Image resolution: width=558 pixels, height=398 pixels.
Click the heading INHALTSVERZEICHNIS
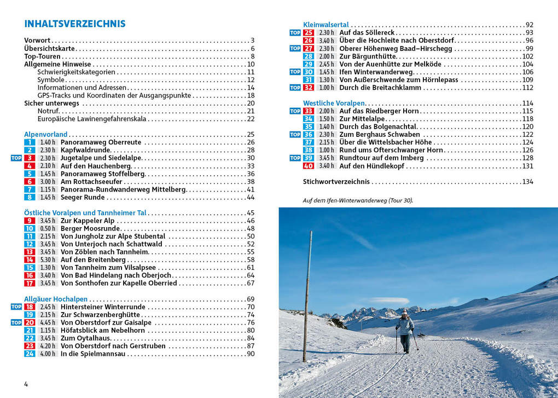pyautogui.click(x=75, y=24)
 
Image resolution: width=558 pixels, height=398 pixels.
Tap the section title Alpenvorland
pyautogui.click(x=46, y=134)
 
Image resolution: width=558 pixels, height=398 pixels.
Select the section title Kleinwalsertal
pyautogui.click(x=326, y=25)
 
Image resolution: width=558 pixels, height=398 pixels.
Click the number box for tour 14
pyautogui.click(x=30, y=259)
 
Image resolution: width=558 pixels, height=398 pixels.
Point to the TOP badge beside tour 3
pyautogui.click(x=16, y=158)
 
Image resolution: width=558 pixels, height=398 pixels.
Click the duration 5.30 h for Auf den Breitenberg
pyautogui.click(x=48, y=259)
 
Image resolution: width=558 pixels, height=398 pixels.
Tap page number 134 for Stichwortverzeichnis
pyautogui.click(x=527, y=182)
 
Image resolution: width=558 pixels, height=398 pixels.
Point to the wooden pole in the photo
pyautogui.click(x=307, y=296)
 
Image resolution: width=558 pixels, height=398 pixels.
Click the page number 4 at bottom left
pyautogui.click(x=26, y=384)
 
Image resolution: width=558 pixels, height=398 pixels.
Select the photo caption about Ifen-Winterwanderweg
pyautogui.click(x=358, y=200)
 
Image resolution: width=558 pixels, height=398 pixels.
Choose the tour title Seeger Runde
pyautogui.click(x=83, y=197)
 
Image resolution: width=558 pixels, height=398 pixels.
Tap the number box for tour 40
pyautogui.click(x=309, y=166)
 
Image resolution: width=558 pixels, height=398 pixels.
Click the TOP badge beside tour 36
pyautogui.click(x=295, y=135)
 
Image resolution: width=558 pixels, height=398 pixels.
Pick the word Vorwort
pyautogui.click(x=37, y=41)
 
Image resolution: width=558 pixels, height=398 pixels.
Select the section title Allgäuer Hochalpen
pyautogui.click(x=56, y=299)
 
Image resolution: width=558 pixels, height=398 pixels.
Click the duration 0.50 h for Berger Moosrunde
pyautogui.click(x=48, y=228)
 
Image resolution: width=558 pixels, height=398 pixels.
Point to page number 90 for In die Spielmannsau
pyautogui.click(x=251, y=354)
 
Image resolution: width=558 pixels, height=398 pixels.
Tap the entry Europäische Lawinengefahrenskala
pyautogui.click(x=92, y=119)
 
